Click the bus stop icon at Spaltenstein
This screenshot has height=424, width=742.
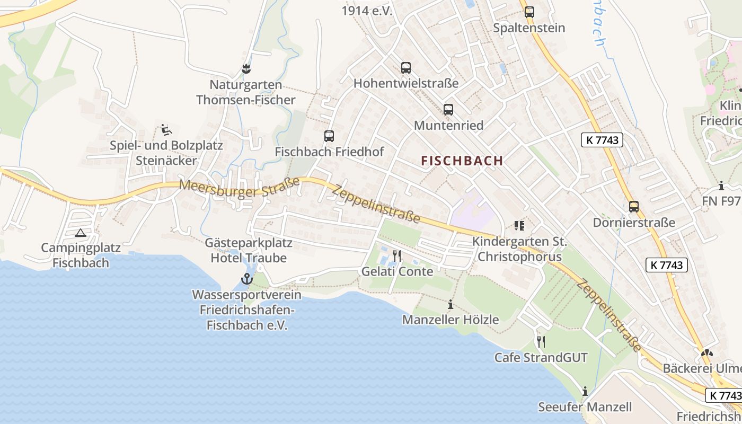(x=529, y=12)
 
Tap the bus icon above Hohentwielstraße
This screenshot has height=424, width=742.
(x=406, y=68)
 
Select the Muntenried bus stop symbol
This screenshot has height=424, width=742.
(x=448, y=110)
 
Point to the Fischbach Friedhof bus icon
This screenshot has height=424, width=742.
(x=329, y=136)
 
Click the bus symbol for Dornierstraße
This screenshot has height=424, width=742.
(x=634, y=207)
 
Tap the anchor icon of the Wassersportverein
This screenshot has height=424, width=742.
(x=246, y=279)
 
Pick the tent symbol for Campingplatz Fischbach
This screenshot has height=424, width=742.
(x=80, y=232)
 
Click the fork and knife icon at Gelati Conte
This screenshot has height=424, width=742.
(x=397, y=256)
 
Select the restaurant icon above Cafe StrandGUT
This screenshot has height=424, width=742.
(x=541, y=341)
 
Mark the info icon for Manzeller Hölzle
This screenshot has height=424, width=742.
(x=450, y=304)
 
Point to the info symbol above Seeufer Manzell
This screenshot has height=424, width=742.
(x=585, y=391)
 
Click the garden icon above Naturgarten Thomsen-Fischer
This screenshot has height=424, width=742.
(x=246, y=68)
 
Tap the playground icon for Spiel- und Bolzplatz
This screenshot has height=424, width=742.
(x=166, y=129)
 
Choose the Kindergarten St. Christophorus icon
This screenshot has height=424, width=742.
(x=519, y=226)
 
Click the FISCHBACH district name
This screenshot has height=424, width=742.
(x=462, y=161)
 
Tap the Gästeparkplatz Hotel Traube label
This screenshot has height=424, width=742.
(x=249, y=251)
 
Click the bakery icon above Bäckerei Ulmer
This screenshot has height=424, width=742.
(x=706, y=353)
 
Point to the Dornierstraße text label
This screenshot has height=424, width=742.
(x=634, y=223)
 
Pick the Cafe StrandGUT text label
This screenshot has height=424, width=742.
(x=541, y=358)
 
